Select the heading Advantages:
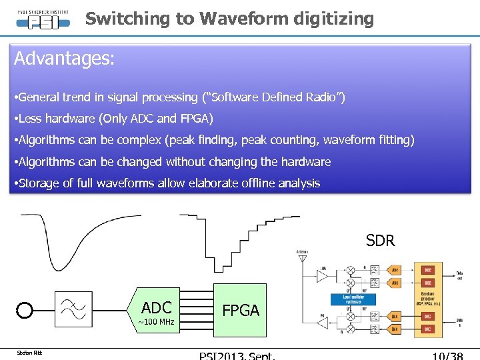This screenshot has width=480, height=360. click(x=65, y=59)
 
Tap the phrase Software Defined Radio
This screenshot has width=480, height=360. click(x=275, y=98)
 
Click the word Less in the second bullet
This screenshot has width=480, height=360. click(x=31, y=119)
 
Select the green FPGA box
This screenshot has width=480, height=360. click(x=240, y=311)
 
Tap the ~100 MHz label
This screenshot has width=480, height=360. click(x=156, y=323)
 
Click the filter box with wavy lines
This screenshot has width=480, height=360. click(x=73, y=310)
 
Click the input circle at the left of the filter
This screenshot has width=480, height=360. click(x=25, y=311)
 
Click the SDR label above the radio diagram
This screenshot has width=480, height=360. click(x=380, y=241)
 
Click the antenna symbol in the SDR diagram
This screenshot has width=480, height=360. click(x=302, y=256)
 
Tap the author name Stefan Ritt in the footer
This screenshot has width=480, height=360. click(x=29, y=353)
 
